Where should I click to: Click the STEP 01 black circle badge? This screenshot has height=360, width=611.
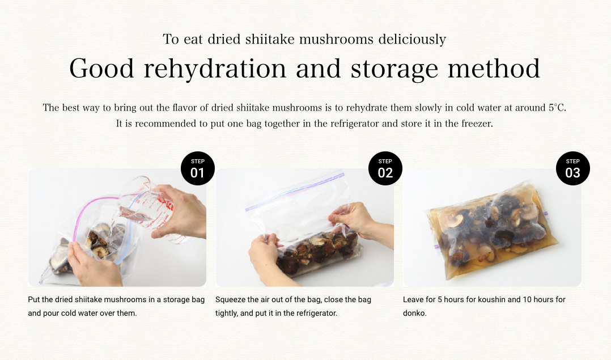point(198,168)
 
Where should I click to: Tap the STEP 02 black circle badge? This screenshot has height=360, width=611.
point(385,168)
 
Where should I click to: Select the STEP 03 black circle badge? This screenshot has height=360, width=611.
point(573,168)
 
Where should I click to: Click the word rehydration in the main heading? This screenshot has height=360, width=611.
point(215,69)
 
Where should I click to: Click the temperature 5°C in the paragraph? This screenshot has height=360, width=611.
point(557,108)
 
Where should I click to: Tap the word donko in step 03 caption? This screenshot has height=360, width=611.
point(414,314)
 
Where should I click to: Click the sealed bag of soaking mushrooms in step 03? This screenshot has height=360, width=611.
point(493,230)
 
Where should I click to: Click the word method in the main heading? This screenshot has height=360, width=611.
point(494,69)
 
